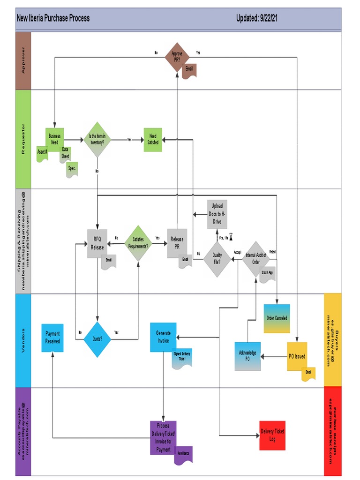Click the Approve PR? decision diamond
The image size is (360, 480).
pyautogui.click(x=177, y=57)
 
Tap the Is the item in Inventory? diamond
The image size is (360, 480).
pyautogui.click(x=97, y=139)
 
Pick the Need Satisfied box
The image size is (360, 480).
pyautogui.click(x=153, y=139)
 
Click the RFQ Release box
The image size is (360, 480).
pyautogui.click(x=97, y=243)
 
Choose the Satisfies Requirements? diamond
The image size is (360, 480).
pyautogui.click(x=138, y=243)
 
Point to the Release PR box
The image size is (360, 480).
pyautogui.click(x=177, y=243)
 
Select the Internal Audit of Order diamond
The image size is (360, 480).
pyautogui.click(x=256, y=258)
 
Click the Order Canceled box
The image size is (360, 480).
pyautogui.click(x=277, y=318)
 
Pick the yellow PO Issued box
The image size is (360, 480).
pyautogui.click(x=297, y=356)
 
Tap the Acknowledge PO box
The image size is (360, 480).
pyautogui.click(x=247, y=356)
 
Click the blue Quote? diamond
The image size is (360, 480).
pyautogui.click(x=97, y=339)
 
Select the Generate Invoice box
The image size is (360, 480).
pyautogui.click(x=163, y=337)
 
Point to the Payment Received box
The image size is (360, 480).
pyautogui.click(x=52, y=337)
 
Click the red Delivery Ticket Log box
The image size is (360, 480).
pyautogui.click(x=272, y=435)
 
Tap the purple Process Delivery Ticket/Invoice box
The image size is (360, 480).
pyautogui.click(x=163, y=437)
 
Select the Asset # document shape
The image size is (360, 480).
pyautogui.click(x=42, y=153)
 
